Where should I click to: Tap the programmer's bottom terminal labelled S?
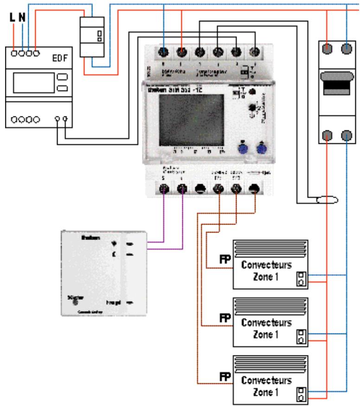pos(164,188)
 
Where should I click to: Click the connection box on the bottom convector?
pos(301,396)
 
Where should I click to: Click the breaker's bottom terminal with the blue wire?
pos(347,135)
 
